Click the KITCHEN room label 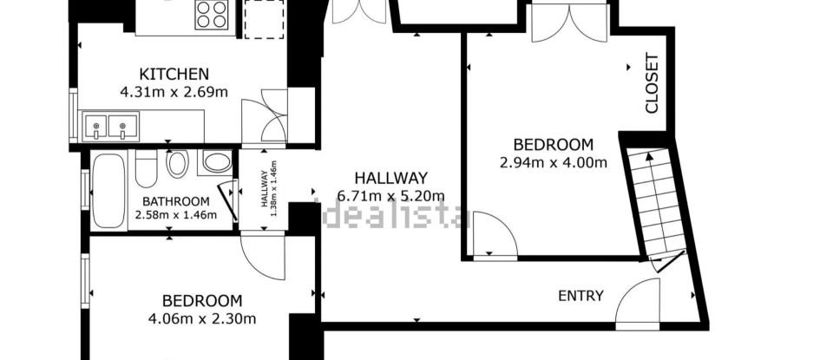(x=174, y=74)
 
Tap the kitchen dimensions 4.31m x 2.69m (x=174, y=90)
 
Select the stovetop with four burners (x=213, y=15)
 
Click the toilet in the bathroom (x=177, y=164)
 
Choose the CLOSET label (x=652, y=84)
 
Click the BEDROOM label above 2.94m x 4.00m (x=553, y=145)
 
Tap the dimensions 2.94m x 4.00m (x=553, y=161)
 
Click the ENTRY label (x=580, y=296)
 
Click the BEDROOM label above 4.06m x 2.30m (x=201, y=301)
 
